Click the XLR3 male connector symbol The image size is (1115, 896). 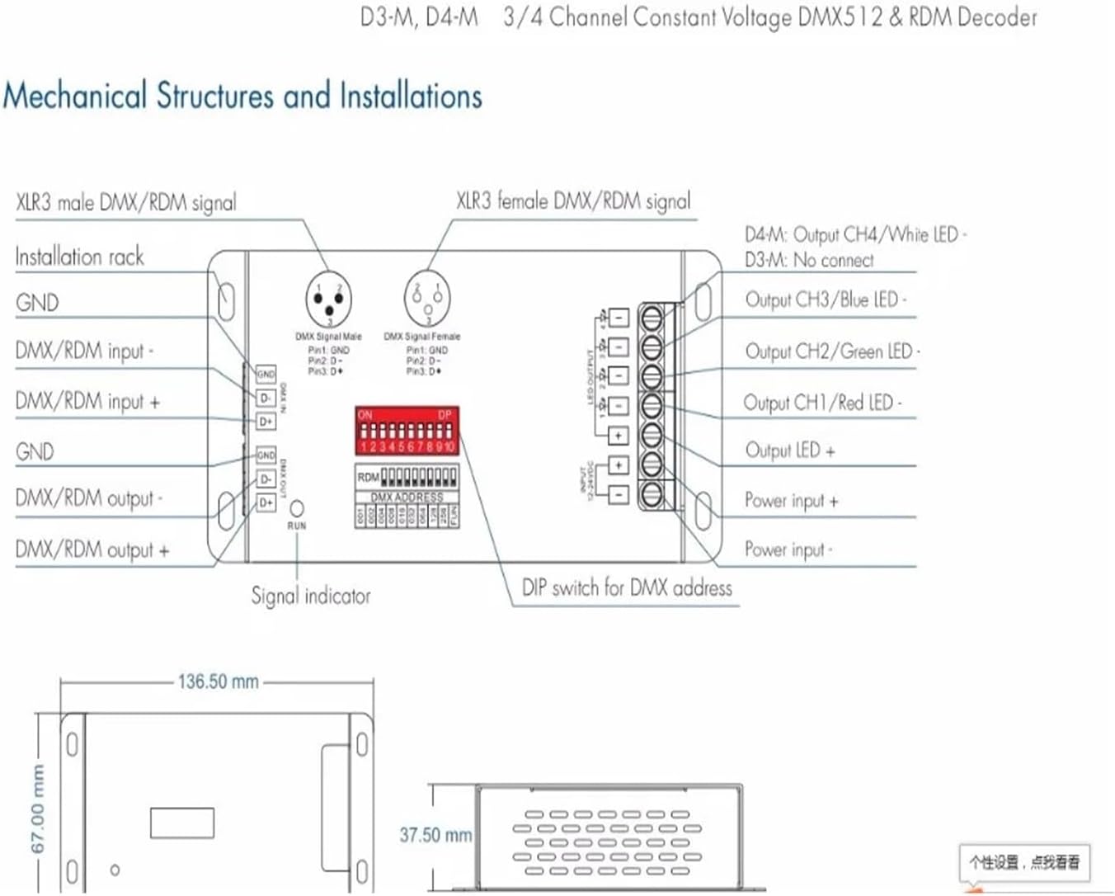click(328, 299)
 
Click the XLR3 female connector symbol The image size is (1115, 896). click(427, 299)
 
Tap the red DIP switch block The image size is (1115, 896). click(407, 430)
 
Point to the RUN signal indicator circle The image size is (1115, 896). click(297, 508)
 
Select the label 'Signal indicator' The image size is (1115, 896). click(311, 596)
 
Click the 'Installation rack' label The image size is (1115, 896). click(79, 257)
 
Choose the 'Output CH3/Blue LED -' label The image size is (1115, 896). click(826, 299)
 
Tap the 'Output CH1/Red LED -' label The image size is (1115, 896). click(822, 403)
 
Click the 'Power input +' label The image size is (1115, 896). click(791, 501)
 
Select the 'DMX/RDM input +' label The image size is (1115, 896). click(87, 402)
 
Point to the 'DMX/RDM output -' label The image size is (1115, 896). click(89, 498)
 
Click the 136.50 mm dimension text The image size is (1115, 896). click(218, 681)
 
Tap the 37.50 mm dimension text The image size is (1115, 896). click(435, 835)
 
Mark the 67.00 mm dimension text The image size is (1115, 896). click(38, 809)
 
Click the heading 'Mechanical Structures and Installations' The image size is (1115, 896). click(242, 96)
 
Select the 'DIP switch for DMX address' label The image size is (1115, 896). click(627, 588)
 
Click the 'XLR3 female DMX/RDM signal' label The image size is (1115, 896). click(573, 201)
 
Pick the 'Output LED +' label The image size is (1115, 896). click(789, 450)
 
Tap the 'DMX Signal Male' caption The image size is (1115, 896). click(328, 337)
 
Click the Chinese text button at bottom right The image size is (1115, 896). click(1023, 862)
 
